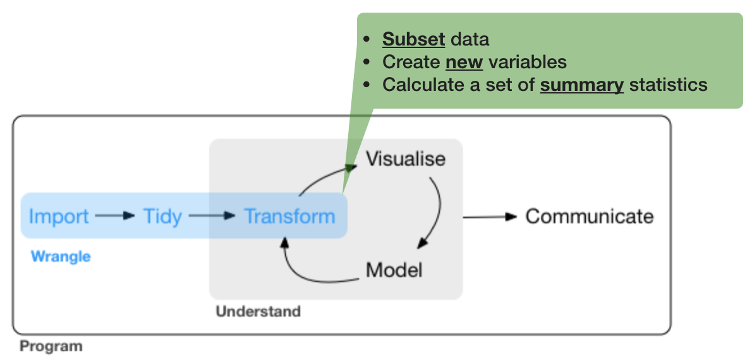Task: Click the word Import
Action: [59, 216]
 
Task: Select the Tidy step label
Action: [162, 216]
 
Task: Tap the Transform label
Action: [289, 216]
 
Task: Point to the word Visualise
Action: [406, 159]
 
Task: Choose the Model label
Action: [394, 270]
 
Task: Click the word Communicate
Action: [590, 216]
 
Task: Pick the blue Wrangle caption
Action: [61, 256]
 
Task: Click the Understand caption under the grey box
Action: [258, 311]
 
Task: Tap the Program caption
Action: [51, 346]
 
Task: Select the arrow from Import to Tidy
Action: [115, 216]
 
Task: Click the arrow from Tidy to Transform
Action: [212, 216]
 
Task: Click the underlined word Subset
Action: [413, 39]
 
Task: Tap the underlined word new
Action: [464, 62]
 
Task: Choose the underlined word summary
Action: [581, 85]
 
